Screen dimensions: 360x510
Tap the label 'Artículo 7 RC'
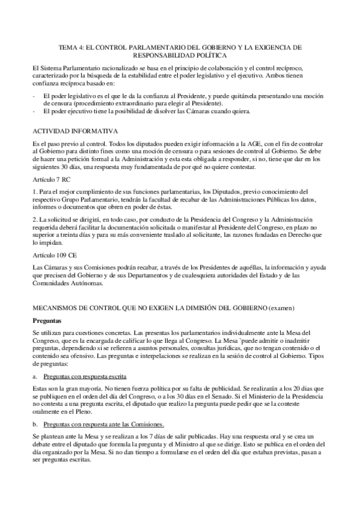(x=49, y=179)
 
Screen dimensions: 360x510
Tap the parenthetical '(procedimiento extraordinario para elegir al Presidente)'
(x=136, y=103)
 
